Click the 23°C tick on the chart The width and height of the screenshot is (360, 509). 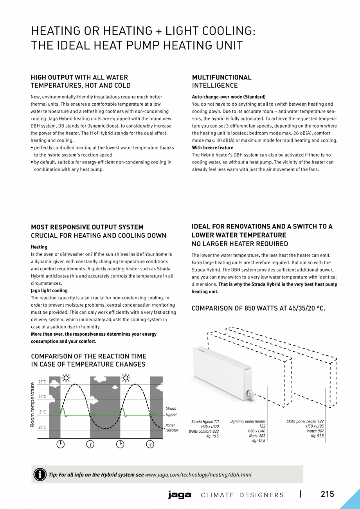(42, 382)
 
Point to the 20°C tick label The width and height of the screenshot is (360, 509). (42, 428)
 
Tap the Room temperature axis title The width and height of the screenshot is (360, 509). (33, 405)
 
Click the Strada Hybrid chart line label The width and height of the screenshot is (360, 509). (171, 412)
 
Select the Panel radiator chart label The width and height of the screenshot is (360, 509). (172, 428)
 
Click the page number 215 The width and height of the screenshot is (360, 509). (328, 494)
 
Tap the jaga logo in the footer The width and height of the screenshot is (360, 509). (180, 495)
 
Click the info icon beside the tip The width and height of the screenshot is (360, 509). (40, 475)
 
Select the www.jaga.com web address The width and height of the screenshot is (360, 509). (198, 475)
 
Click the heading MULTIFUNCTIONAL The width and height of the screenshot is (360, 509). (222, 77)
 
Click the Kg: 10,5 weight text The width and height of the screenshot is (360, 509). (212, 436)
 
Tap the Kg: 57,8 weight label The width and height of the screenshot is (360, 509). (317, 436)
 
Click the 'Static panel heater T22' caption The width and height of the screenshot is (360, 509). (305, 421)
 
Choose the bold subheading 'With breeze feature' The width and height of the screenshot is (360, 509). (212, 147)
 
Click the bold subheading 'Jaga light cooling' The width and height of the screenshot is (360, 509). (49, 291)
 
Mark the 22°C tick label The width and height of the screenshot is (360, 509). (42, 397)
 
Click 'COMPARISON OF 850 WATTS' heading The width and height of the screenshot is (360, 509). (258, 309)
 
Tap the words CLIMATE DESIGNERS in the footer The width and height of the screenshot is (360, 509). (242, 495)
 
